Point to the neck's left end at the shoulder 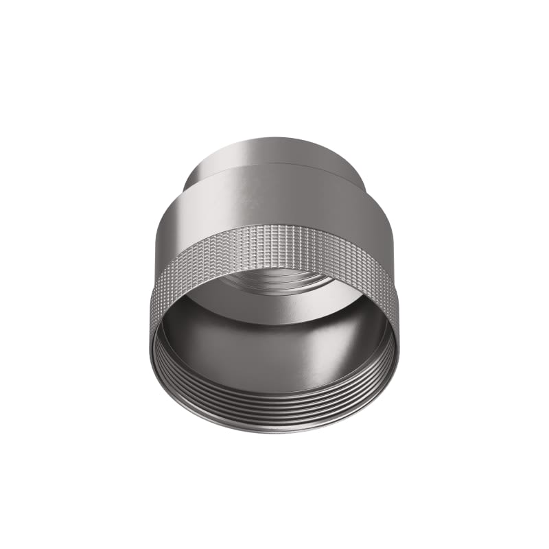pyautogui.click(x=187, y=180)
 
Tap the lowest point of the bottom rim pyautogui.click(x=274, y=432)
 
